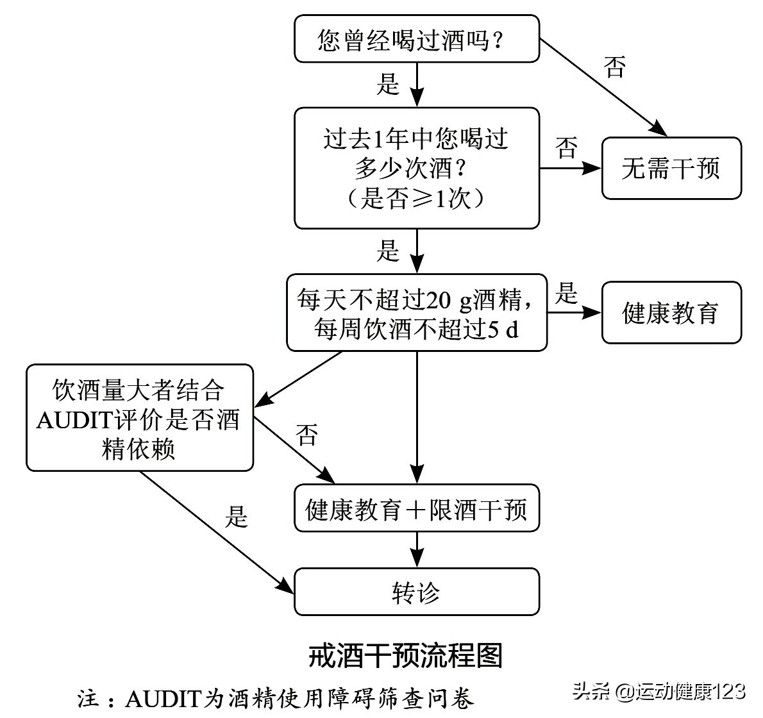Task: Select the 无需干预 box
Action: click(x=671, y=169)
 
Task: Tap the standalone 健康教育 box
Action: click(x=671, y=313)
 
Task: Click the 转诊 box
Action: click(x=416, y=592)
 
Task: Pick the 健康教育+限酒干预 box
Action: click(x=416, y=510)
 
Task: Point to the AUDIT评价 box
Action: click(x=139, y=418)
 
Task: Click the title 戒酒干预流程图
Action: click(x=405, y=655)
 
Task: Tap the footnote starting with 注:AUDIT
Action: click(x=276, y=698)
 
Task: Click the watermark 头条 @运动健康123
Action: click(x=660, y=692)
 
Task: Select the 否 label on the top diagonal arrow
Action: click(x=614, y=67)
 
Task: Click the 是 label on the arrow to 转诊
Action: click(x=236, y=517)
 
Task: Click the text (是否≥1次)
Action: click(x=416, y=199)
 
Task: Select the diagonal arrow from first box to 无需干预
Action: click(x=603, y=87)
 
